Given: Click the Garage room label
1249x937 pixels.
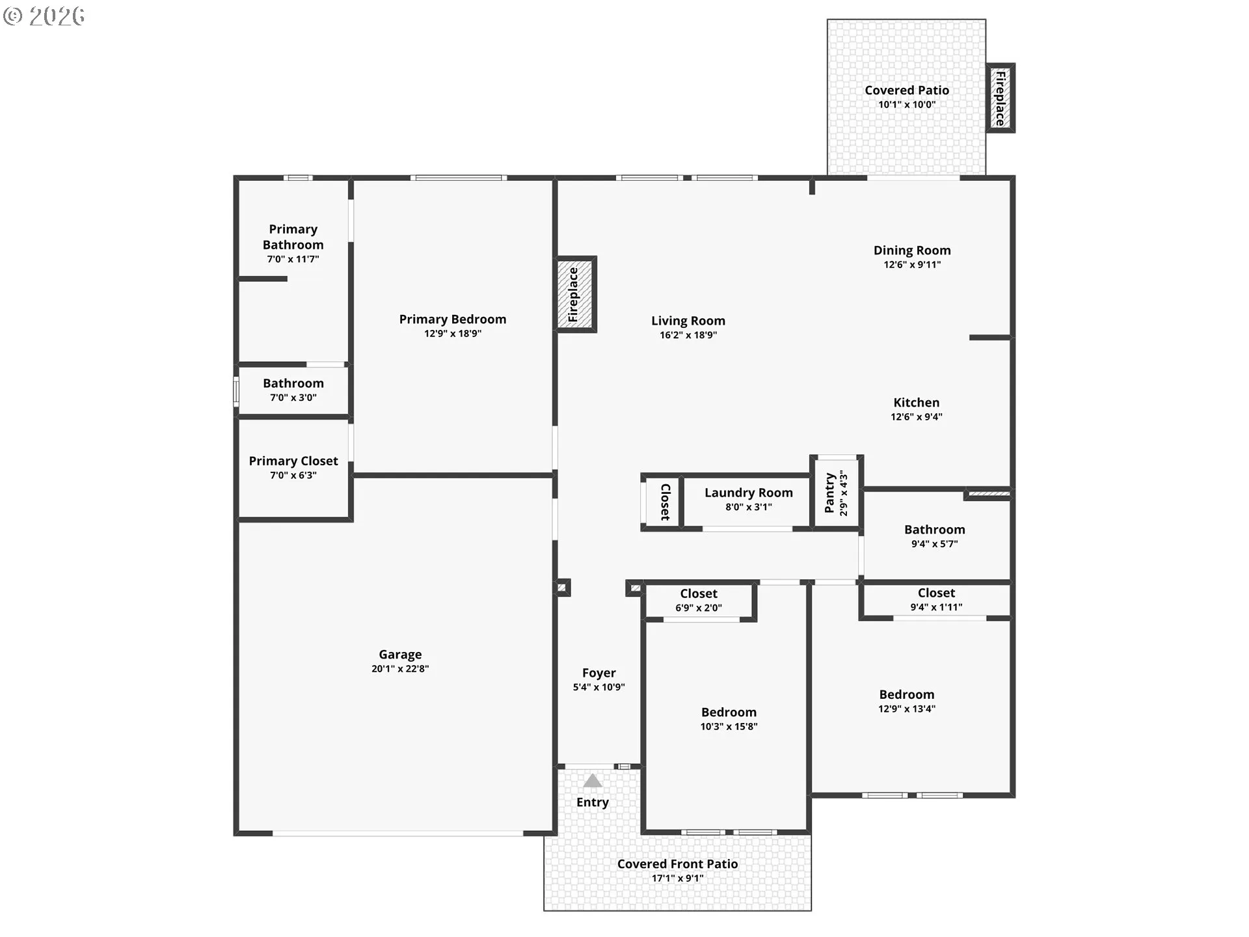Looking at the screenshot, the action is pyautogui.click(x=400, y=655).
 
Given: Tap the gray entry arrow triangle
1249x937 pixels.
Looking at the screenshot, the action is pyautogui.click(x=592, y=781).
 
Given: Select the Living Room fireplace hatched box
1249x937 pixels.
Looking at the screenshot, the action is pyautogui.click(x=576, y=294).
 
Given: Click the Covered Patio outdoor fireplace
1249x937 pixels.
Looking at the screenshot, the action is pyautogui.click(x=1001, y=98).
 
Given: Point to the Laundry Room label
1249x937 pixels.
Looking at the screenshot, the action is pyautogui.click(x=749, y=493).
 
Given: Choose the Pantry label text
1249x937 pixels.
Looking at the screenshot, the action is pyautogui.click(x=829, y=493).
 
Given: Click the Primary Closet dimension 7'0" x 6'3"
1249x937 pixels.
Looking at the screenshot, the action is pyautogui.click(x=293, y=476).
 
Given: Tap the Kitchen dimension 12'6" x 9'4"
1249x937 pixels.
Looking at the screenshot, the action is pyautogui.click(x=917, y=417).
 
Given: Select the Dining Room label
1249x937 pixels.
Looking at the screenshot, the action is pyautogui.click(x=912, y=251).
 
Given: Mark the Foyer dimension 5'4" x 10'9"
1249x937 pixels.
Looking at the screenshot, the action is pyautogui.click(x=598, y=687).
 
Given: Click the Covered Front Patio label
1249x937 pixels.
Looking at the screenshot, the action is pyautogui.click(x=677, y=864).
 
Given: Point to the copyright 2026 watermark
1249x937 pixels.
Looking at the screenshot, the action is pyautogui.click(x=44, y=16).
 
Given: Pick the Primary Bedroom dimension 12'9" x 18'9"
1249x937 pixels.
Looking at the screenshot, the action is pyautogui.click(x=453, y=334).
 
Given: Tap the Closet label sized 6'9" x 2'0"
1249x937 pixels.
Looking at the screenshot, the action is pyautogui.click(x=699, y=594).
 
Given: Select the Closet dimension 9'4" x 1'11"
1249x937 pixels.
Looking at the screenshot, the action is pyautogui.click(x=936, y=607).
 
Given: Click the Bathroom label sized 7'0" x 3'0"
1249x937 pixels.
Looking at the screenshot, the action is pyautogui.click(x=293, y=384).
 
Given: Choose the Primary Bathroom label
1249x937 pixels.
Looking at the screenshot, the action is pyautogui.click(x=293, y=237).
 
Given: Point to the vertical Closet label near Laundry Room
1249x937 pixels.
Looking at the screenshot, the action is pyautogui.click(x=665, y=502).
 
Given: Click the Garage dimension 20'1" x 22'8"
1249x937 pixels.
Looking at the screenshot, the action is pyautogui.click(x=400, y=669).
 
